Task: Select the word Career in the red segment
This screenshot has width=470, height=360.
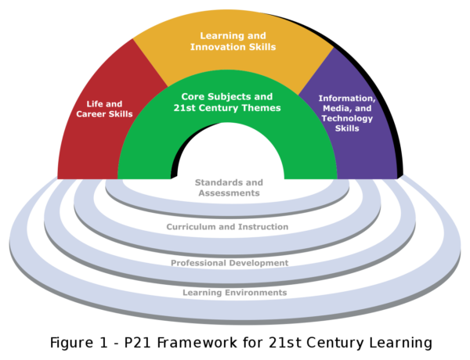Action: [103, 114]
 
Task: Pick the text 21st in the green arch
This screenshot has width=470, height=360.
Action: [185, 108]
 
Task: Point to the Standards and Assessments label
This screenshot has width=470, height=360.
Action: [228, 186]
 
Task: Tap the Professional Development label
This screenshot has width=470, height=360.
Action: [230, 263]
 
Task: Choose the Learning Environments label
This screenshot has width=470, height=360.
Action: [234, 293]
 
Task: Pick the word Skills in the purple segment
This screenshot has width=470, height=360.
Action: [346, 128]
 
